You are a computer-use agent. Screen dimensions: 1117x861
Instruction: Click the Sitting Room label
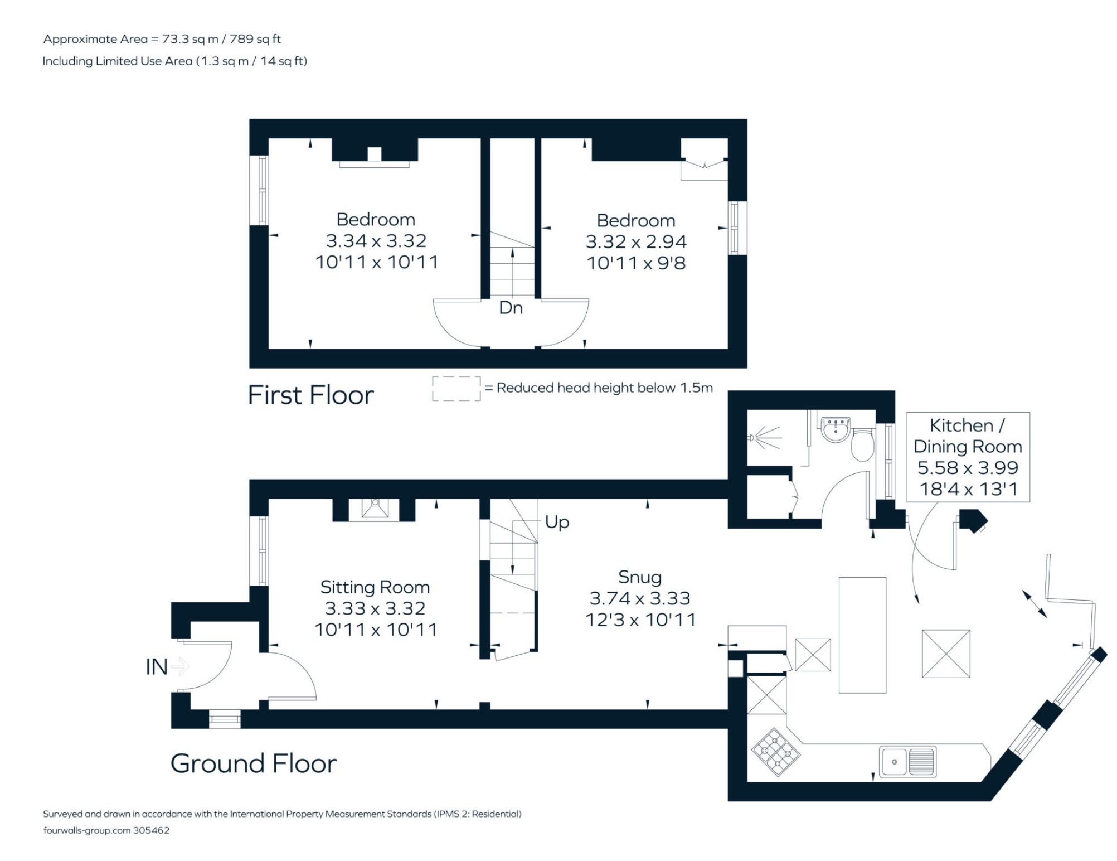375,587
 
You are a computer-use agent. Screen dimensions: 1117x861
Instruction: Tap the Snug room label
640,577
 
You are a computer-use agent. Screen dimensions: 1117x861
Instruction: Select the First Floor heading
310,395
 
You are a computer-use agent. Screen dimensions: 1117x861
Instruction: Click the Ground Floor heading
254,763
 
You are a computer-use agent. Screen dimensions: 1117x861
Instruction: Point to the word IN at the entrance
156,667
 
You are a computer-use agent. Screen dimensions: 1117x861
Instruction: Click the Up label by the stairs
557,523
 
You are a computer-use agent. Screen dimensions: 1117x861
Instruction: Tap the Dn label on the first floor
511,308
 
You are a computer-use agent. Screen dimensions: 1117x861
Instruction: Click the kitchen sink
907,762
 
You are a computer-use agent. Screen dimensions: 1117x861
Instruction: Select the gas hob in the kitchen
776,752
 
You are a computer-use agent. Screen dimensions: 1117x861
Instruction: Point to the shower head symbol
765,438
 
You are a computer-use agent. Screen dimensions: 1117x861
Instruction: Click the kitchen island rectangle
862,635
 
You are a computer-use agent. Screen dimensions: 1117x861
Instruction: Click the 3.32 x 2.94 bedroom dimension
636,242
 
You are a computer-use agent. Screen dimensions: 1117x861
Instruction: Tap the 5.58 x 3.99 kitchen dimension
968,468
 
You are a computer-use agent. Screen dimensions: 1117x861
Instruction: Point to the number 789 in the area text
241,39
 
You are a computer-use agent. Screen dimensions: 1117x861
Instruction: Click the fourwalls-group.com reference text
106,830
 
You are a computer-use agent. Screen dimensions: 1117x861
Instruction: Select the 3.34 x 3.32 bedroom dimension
376,241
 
